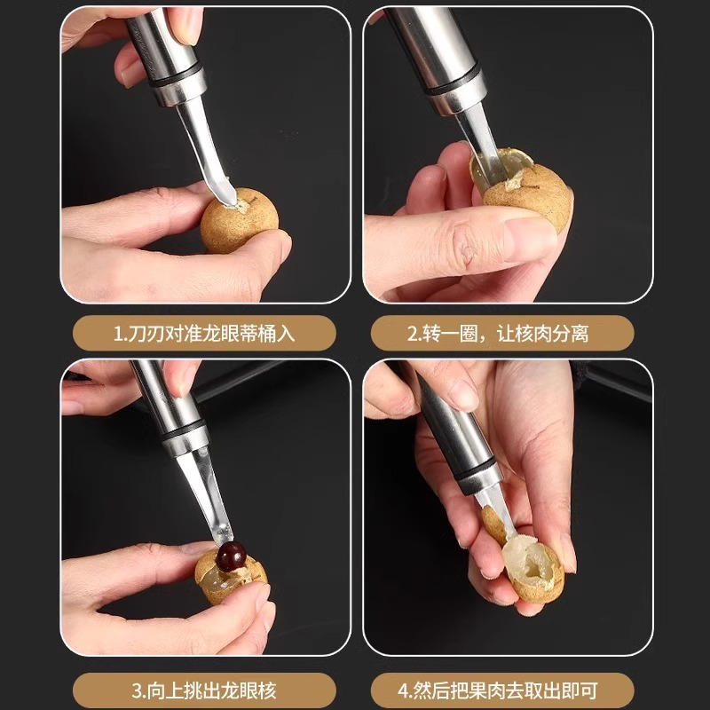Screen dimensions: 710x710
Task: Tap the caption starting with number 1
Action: (204, 334)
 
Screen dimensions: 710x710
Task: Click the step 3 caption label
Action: (204, 690)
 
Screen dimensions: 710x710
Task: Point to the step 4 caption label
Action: (502, 690)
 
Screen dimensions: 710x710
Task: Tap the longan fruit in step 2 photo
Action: (527, 190)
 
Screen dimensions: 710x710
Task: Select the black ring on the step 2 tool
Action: (456, 82)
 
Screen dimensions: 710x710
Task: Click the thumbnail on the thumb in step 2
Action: (531, 239)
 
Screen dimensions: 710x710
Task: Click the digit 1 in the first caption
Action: (119, 334)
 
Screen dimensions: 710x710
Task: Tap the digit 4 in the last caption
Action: (404, 690)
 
